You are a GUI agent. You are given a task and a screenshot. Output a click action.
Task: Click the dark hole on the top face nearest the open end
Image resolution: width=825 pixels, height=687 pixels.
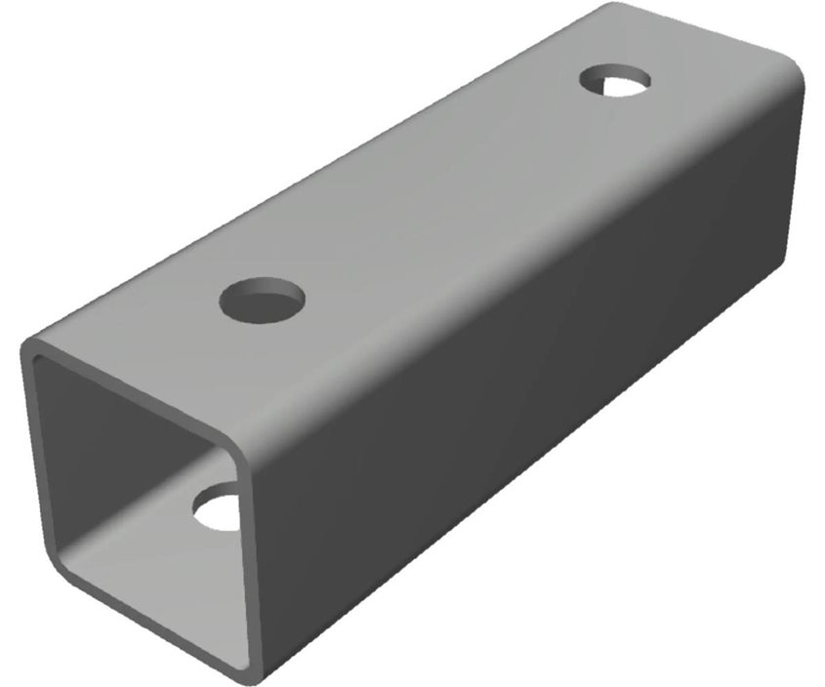(x=262, y=300)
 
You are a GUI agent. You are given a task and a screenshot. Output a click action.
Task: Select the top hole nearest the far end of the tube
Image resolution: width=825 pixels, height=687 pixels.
(x=616, y=79)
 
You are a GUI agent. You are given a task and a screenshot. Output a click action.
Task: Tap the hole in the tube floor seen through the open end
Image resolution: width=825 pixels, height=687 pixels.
(x=219, y=508)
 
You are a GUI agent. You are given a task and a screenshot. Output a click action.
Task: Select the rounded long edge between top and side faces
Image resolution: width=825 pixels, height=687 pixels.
(x=527, y=254)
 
